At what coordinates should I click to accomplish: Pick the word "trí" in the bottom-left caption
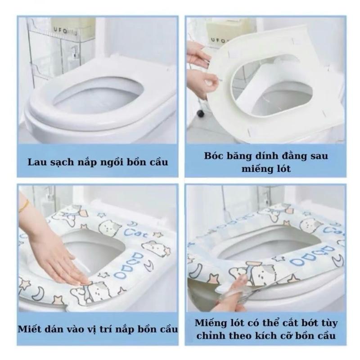coord(105,329)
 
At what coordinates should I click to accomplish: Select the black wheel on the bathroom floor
coord(200,113)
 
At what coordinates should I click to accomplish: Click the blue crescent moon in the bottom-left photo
coord(38,294)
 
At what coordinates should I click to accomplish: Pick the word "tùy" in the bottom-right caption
coord(328,324)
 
